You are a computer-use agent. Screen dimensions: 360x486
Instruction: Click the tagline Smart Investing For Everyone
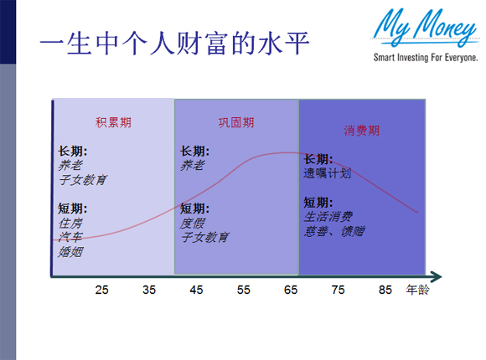pyautogui.click(x=426, y=59)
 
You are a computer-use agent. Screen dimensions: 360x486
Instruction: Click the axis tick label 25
pyautogui.click(x=101, y=291)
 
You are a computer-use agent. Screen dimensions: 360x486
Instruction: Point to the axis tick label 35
pyautogui.click(x=148, y=291)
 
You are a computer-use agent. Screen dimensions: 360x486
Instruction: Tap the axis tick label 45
pyautogui.click(x=196, y=291)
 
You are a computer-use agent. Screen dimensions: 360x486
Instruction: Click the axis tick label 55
pyautogui.click(x=243, y=291)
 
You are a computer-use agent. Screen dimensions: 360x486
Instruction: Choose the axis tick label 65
pyautogui.click(x=291, y=291)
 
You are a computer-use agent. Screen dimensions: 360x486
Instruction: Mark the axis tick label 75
pyautogui.click(x=338, y=291)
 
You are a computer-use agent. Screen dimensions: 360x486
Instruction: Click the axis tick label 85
pyautogui.click(x=385, y=291)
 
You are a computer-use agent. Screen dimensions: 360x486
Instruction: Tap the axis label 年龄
pyautogui.click(x=417, y=291)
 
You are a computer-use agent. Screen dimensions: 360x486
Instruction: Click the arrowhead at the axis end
pyautogui.click(x=436, y=275)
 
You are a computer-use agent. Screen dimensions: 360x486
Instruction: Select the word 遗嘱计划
pyautogui.click(x=327, y=173)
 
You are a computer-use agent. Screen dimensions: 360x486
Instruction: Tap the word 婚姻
pyautogui.click(x=70, y=252)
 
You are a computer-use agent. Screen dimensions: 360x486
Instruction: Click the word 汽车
pyautogui.click(x=70, y=238)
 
